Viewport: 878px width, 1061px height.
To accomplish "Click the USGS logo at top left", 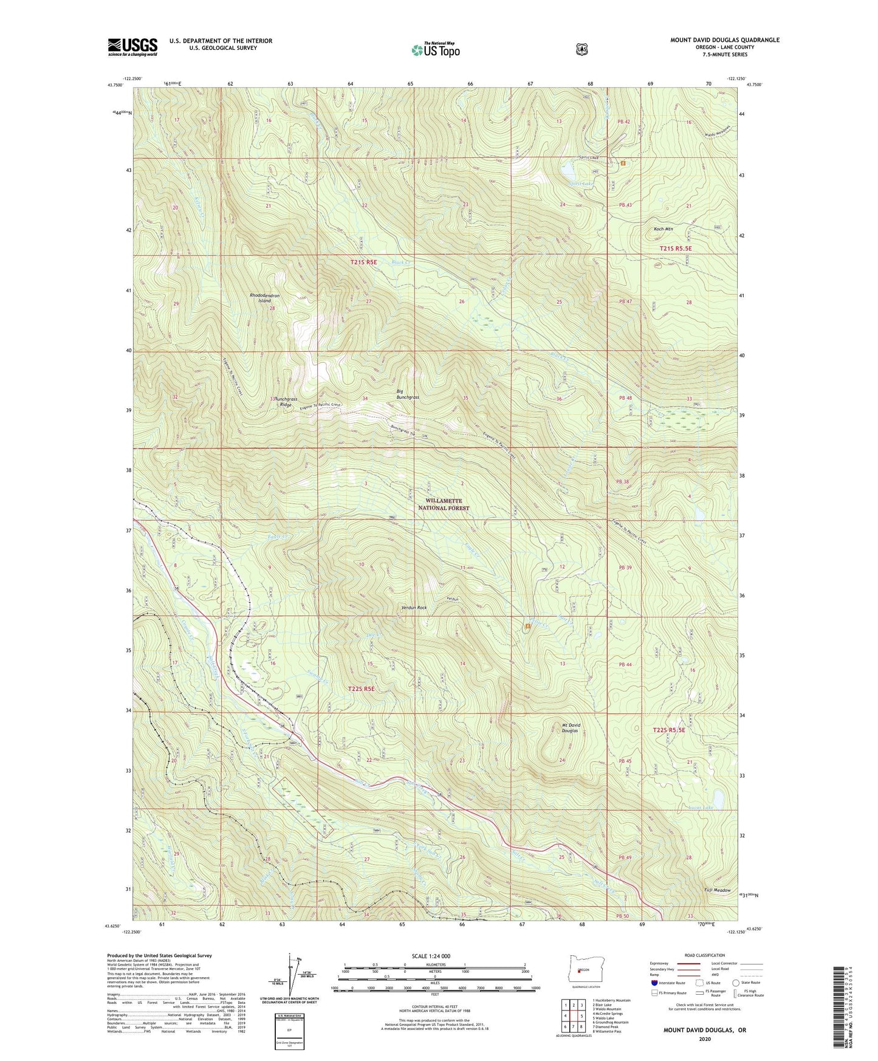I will coord(132,47).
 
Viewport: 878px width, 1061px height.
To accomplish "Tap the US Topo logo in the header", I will coord(434,50).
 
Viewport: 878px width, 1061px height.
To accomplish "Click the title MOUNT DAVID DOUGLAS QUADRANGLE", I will coord(724,40).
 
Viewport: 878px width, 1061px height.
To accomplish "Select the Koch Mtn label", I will coord(663,229).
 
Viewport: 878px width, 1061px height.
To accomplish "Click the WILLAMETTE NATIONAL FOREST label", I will coord(444,504).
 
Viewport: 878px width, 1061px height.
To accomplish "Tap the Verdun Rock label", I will coord(414,608).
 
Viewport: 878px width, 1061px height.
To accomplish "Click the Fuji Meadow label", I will coord(717,890).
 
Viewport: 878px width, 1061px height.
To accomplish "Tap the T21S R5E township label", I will coord(364,262).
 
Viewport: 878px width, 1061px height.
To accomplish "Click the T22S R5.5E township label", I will coord(668,730).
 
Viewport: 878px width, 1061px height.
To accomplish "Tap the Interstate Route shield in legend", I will coord(654,983).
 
